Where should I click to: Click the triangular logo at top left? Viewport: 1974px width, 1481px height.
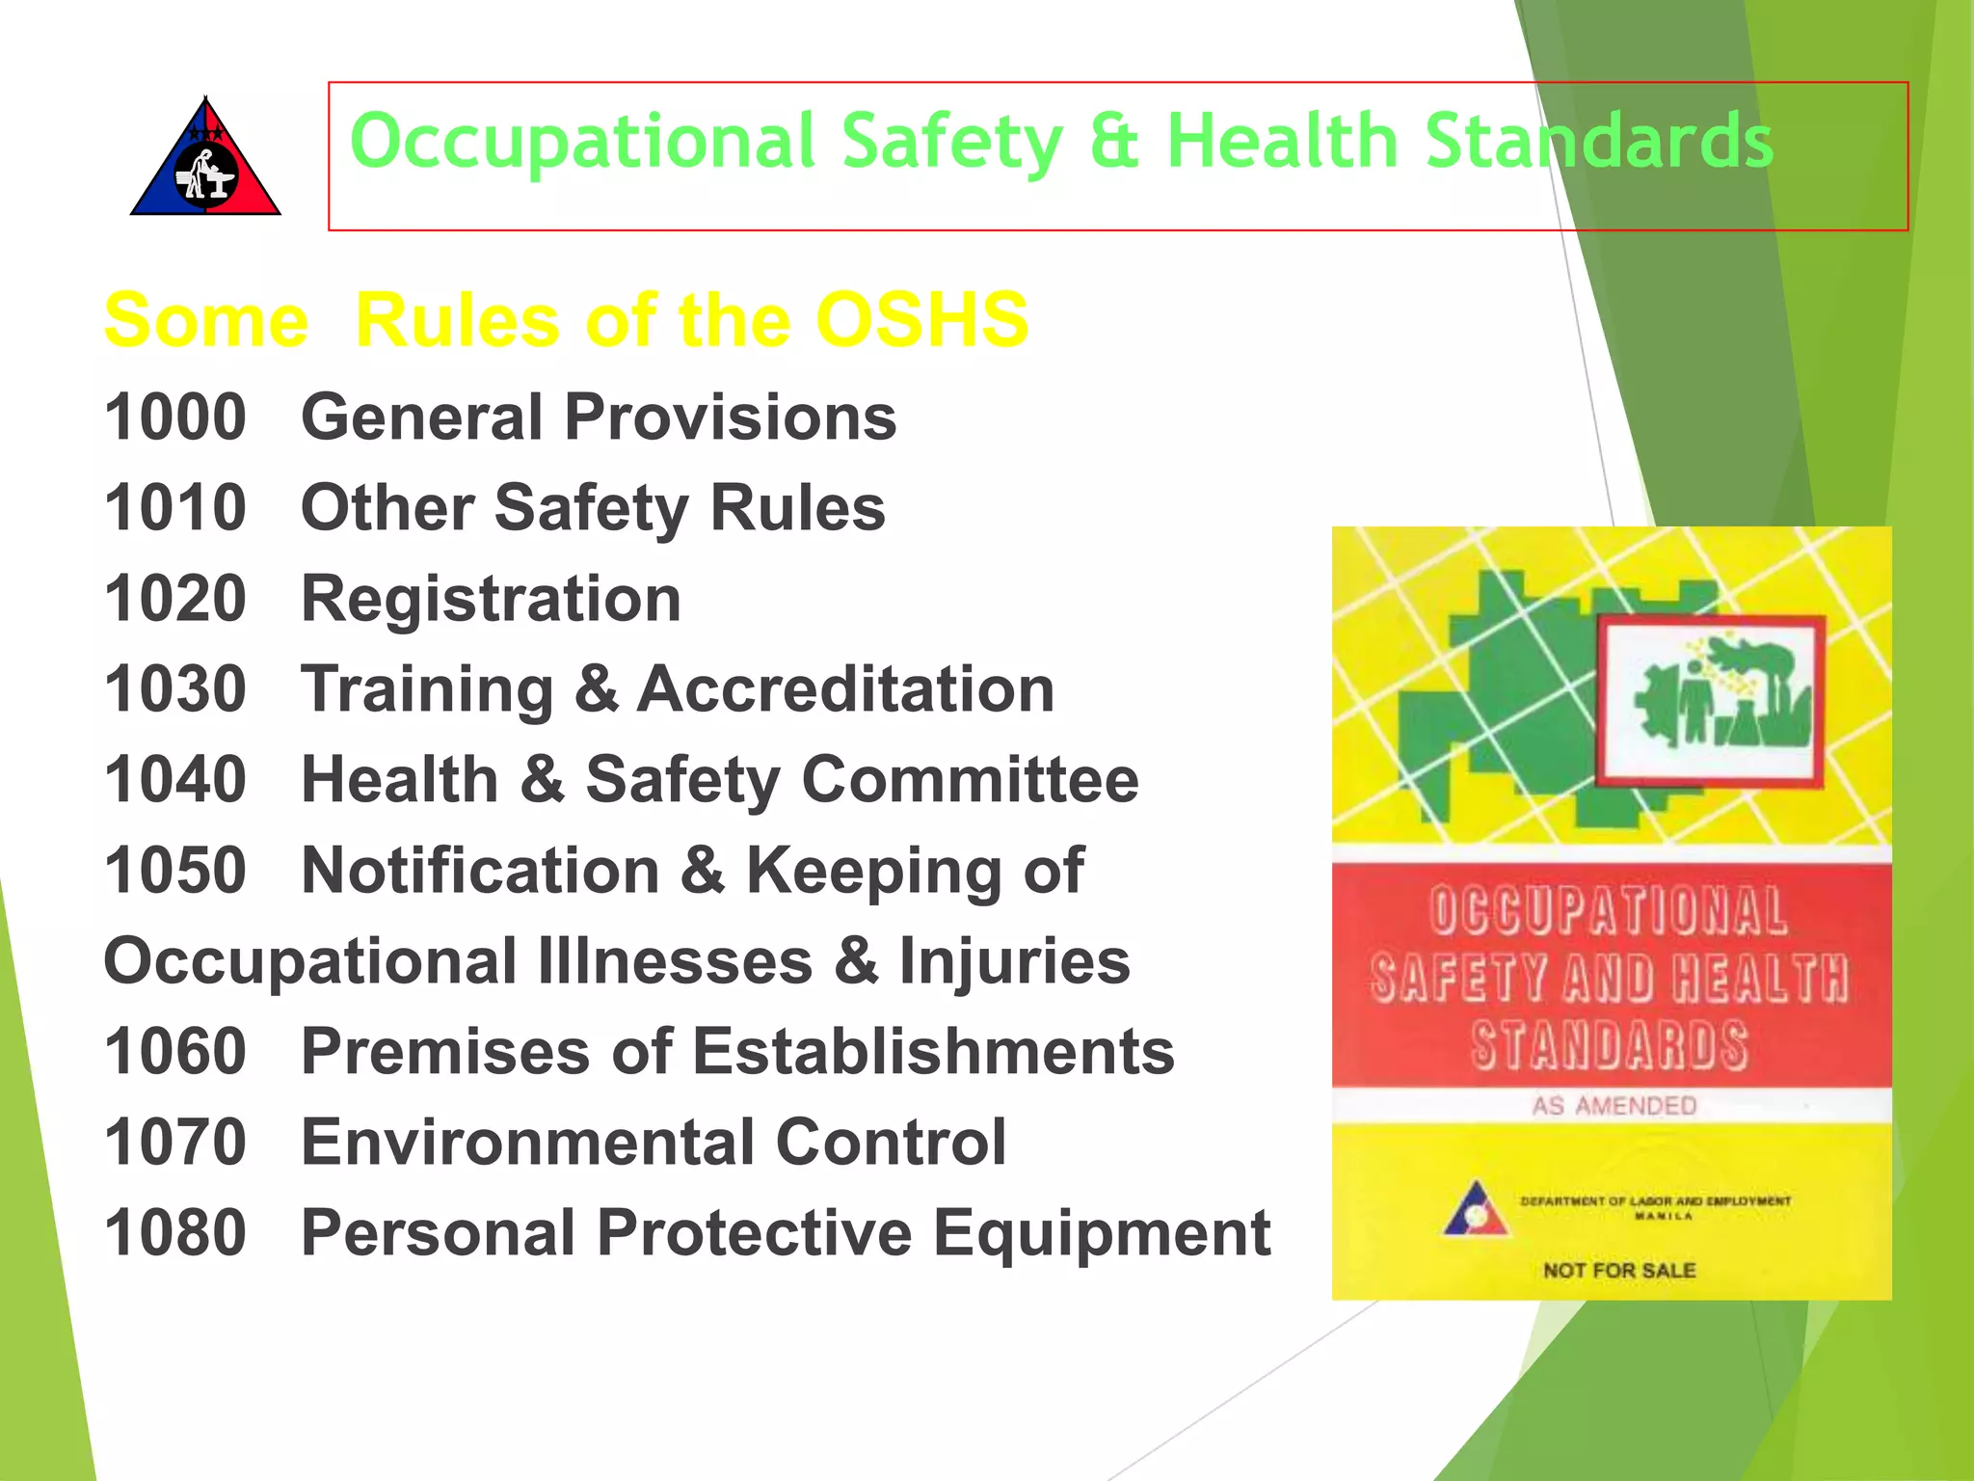pyautogui.click(x=205, y=159)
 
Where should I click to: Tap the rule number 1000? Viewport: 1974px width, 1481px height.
pyautogui.click(x=175, y=417)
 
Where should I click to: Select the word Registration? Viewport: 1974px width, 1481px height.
pyautogui.click(x=492, y=599)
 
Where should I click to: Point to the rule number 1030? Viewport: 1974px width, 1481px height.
pyautogui.click(x=175, y=689)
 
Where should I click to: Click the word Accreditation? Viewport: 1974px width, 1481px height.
pyautogui.click(x=845, y=689)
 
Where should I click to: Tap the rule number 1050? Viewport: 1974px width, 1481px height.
pyautogui.click(x=175, y=870)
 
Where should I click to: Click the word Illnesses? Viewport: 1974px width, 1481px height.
pyautogui.click(x=675, y=961)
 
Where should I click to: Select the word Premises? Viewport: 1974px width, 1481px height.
pyautogui.click(x=445, y=1051)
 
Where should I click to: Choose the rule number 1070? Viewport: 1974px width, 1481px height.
pyautogui.click(x=175, y=1142)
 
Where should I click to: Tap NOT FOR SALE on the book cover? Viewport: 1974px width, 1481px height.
pyautogui.click(x=1619, y=1271)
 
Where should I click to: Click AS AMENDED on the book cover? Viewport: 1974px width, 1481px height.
pyautogui.click(x=1614, y=1105)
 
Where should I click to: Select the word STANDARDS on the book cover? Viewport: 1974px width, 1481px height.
pyautogui.click(x=1610, y=1045)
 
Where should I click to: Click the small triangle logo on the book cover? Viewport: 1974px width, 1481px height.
pyautogui.click(x=1474, y=1210)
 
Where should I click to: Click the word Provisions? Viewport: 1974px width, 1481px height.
pyautogui.click(x=731, y=417)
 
